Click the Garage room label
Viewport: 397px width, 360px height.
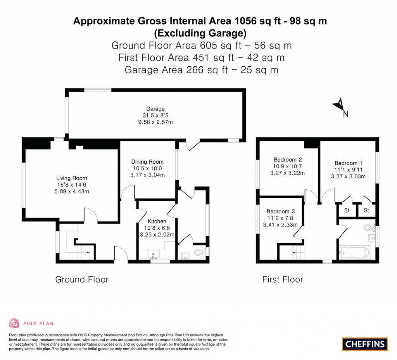[155, 109]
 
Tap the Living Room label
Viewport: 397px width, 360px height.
[71, 178]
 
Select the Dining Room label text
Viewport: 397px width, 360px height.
[147, 162]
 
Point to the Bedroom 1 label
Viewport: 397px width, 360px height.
[349, 163]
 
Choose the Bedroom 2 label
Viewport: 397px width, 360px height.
[287, 159]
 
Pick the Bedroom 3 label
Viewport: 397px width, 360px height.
[280, 211]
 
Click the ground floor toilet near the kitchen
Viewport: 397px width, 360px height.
[200, 253]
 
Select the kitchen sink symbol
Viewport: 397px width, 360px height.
[154, 255]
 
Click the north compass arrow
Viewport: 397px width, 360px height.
[339, 104]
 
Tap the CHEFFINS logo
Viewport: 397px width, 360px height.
[365, 344]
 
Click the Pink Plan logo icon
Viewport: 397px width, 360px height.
[14, 323]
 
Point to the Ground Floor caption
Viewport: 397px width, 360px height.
[82, 279]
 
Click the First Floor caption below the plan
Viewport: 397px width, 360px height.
[283, 279]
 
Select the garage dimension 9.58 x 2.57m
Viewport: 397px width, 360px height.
[155, 122]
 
